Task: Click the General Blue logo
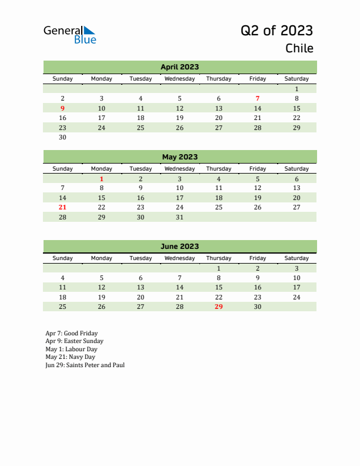[69, 35]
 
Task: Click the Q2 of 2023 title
[276, 31]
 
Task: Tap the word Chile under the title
[299, 48]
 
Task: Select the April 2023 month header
[179, 67]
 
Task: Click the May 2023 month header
[179, 157]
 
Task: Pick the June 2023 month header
[179, 247]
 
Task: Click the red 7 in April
[257, 98]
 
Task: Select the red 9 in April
[63, 108]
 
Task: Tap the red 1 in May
[101, 179]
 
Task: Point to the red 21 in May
[63, 207]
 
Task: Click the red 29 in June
[218, 307]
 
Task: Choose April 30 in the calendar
[63, 138]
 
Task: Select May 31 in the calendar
[179, 217]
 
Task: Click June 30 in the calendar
[257, 307]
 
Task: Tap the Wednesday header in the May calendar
[179, 168]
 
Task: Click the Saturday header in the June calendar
[296, 258]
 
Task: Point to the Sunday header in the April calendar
[63, 78]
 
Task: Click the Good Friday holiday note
[72, 333]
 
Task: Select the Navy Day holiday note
[70, 357]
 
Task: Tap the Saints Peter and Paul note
[85, 365]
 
